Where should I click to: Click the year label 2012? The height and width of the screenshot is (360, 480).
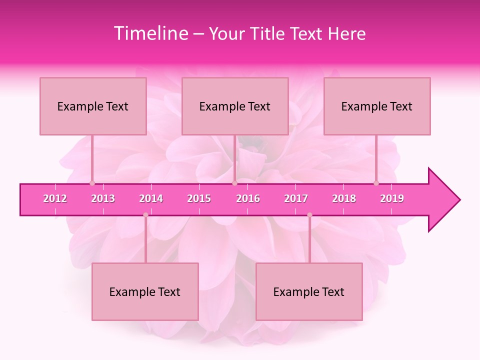coord(55,198)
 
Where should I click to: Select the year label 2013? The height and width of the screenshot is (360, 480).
coord(103,198)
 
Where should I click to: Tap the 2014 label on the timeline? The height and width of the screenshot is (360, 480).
coord(151,198)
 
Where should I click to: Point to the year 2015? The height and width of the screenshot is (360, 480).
coord(199,198)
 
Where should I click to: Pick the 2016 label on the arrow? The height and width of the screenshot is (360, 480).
coord(248,198)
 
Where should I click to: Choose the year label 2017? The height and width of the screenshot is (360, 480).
coord(296,198)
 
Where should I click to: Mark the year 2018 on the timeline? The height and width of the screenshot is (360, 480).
coord(344,198)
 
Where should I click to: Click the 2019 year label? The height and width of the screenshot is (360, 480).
coord(392,198)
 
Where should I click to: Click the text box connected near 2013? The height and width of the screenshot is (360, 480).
coord(93,106)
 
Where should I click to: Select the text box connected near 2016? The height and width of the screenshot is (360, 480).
coord(235,106)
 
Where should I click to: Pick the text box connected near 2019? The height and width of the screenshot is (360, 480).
coord(377,106)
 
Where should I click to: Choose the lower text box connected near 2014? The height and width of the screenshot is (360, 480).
coord(145,291)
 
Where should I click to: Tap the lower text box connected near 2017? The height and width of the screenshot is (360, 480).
coord(309,291)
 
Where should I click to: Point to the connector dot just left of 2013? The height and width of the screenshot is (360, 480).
coord(92,183)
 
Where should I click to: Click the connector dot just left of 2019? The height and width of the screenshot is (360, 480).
coord(376,183)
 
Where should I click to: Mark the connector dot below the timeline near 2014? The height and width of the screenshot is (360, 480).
coord(145,215)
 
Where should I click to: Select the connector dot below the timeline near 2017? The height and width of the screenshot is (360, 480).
coord(309,215)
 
